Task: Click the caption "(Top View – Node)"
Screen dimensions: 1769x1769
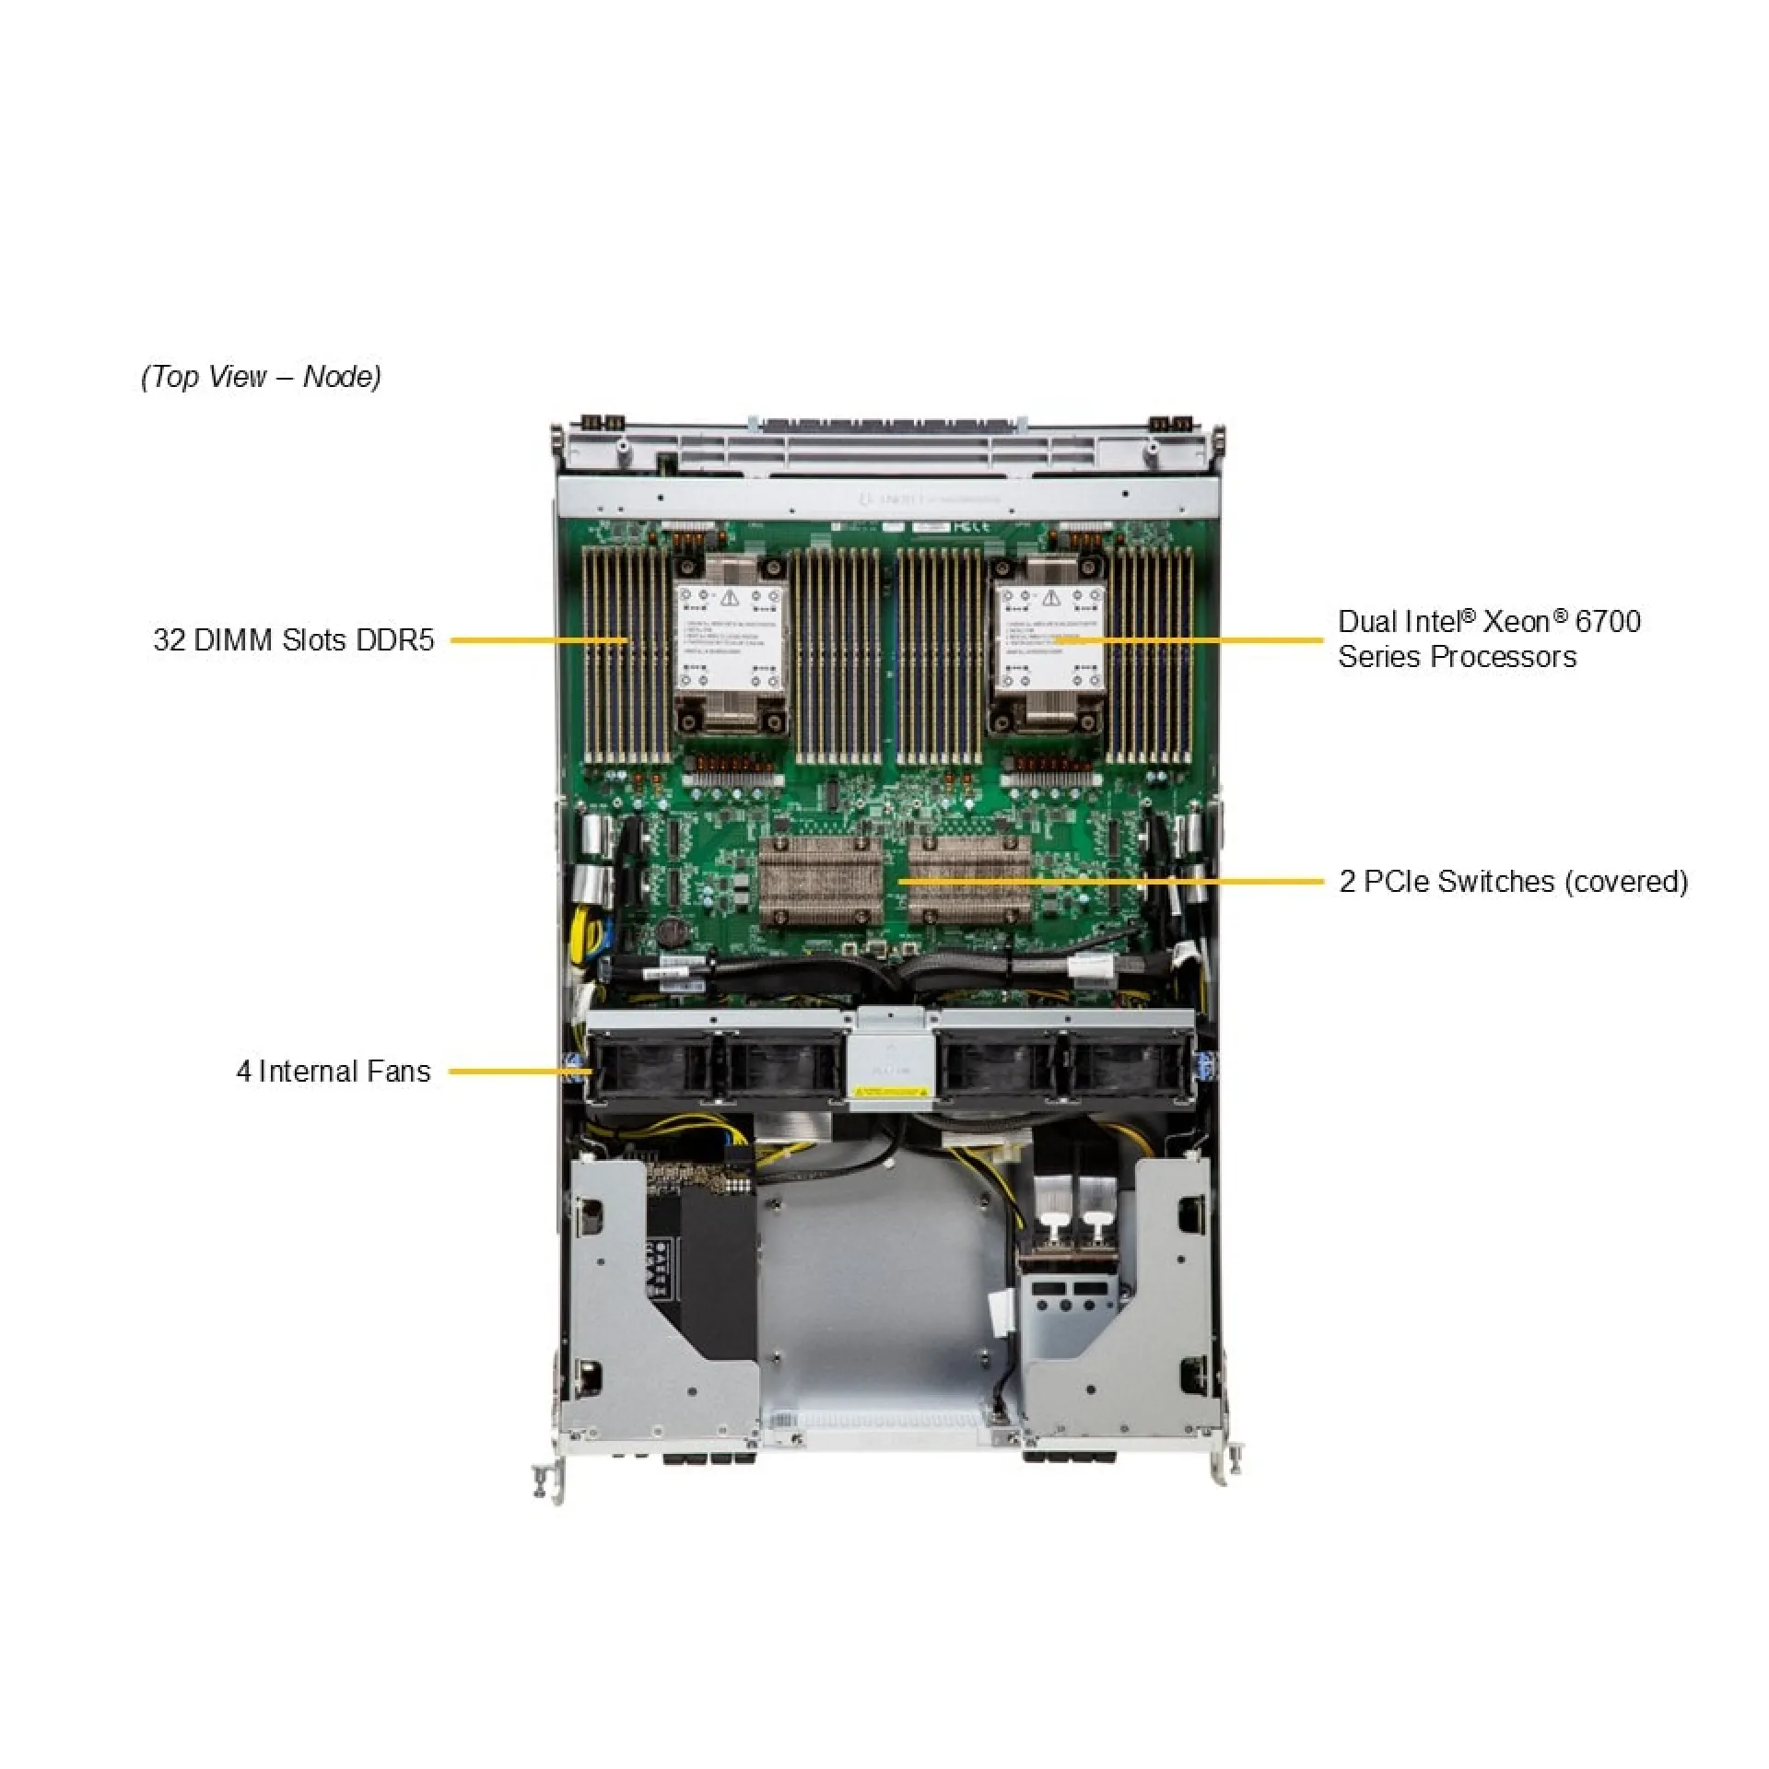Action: (261, 376)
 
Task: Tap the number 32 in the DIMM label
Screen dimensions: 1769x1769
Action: (170, 639)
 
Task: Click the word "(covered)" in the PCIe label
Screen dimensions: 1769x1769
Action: (1625, 882)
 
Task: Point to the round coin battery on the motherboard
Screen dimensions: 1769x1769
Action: (670, 933)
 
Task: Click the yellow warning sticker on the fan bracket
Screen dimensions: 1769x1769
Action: (889, 1092)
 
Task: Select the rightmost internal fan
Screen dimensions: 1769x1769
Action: (1126, 1068)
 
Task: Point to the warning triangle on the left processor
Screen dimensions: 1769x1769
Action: (730, 598)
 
